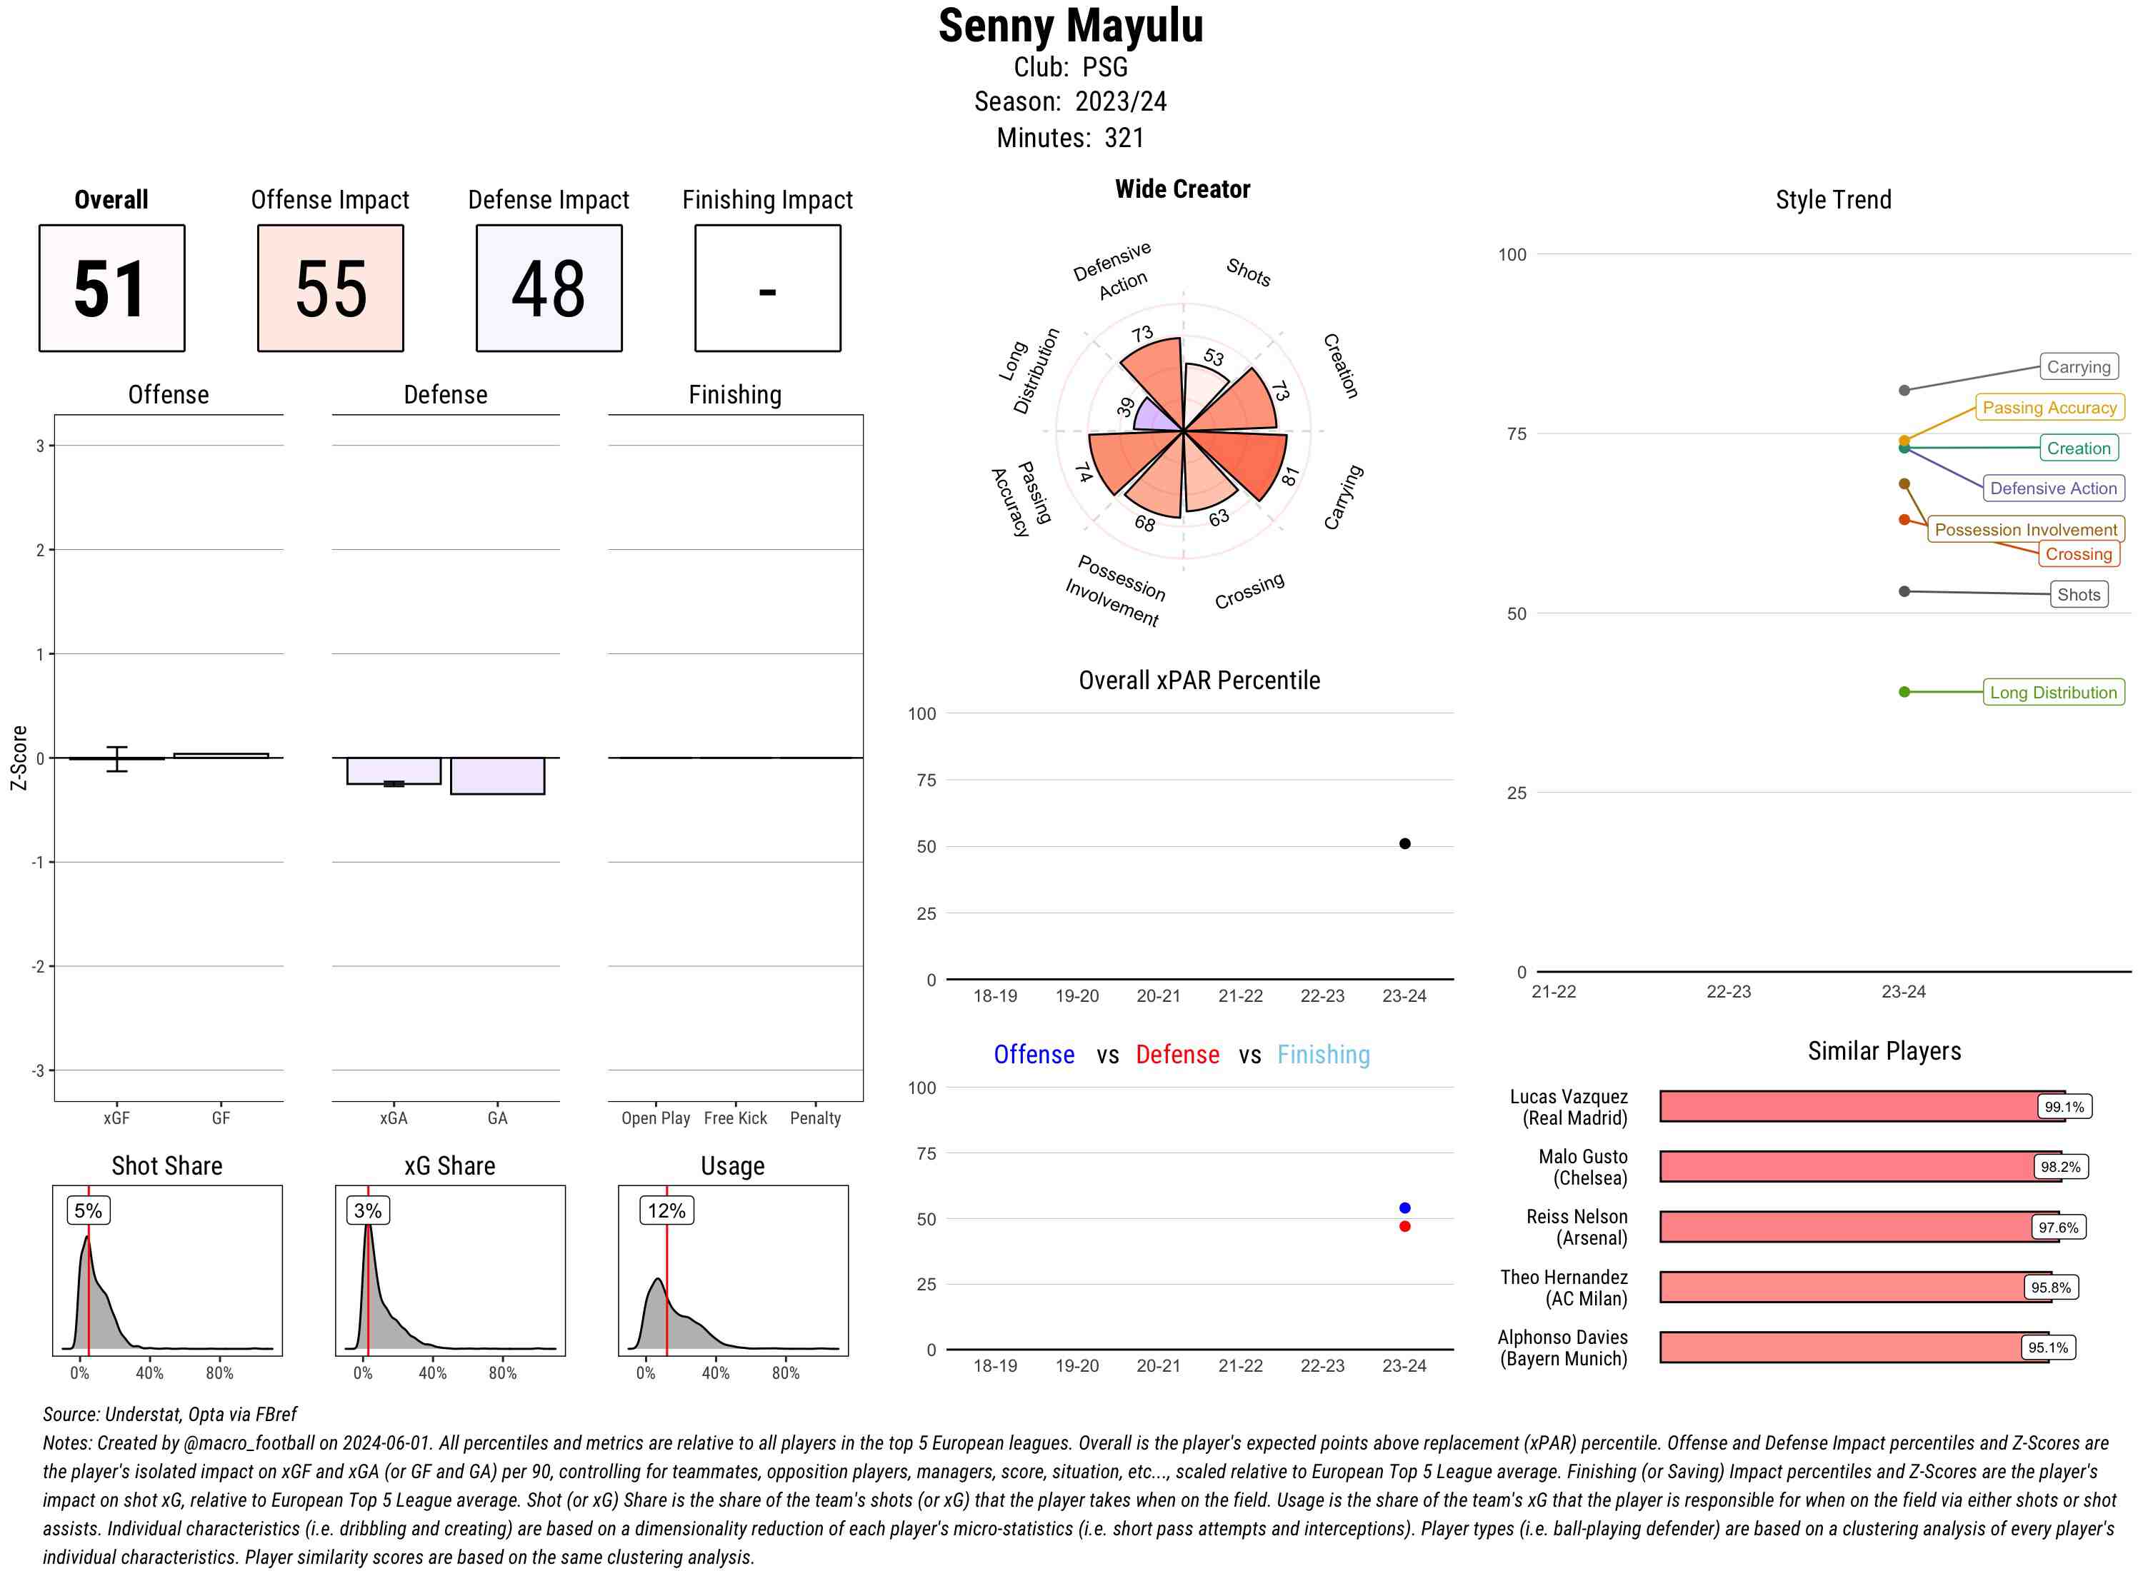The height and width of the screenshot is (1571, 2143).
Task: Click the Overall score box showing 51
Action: (111, 288)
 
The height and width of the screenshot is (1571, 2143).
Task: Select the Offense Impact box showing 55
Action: (330, 288)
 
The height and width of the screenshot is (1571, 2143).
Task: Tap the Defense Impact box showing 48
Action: (549, 288)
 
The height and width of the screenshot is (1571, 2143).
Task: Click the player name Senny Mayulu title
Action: (1070, 26)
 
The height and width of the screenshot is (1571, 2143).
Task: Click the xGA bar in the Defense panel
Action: (394, 771)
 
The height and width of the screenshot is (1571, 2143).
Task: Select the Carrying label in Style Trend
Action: (2078, 367)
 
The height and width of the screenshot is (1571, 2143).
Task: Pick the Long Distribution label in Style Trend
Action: (2053, 692)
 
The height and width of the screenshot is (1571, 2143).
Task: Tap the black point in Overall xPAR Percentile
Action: (1405, 843)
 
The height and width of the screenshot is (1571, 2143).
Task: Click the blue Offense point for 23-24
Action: (1405, 1208)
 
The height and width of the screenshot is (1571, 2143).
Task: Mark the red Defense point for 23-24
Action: (1405, 1227)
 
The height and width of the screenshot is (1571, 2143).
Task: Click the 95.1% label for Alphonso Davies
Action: (2047, 1347)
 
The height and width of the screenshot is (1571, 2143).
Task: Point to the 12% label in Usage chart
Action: (666, 1210)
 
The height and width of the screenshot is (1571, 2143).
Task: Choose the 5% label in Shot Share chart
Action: (89, 1210)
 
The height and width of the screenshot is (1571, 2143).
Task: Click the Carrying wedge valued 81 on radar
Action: (1246, 461)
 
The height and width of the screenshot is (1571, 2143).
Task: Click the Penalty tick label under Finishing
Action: (815, 1118)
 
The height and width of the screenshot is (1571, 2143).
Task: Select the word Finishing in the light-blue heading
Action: (1323, 1055)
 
